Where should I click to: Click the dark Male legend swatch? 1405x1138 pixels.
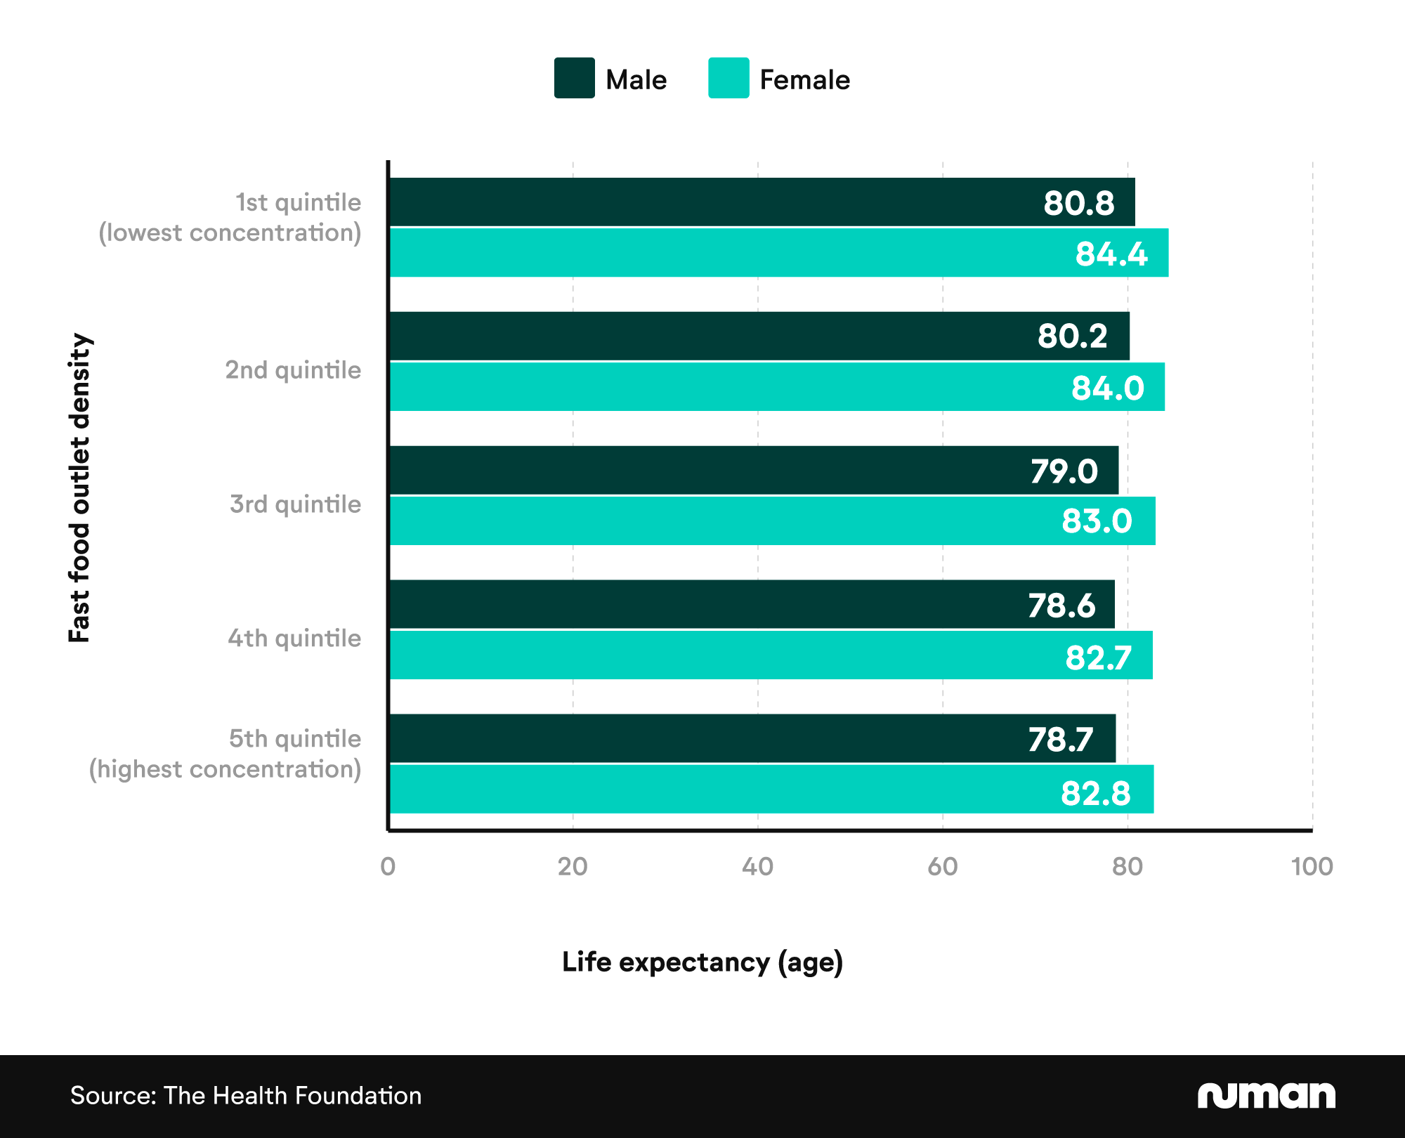(x=574, y=78)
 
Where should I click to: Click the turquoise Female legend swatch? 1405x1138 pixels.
(x=728, y=78)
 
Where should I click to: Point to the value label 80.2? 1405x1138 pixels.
(x=1072, y=336)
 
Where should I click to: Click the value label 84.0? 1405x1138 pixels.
(x=1107, y=388)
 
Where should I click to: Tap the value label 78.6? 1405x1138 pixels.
(x=1061, y=606)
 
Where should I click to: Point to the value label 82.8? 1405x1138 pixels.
(x=1095, y=793)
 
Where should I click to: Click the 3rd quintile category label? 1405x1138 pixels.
(x=295, y=504)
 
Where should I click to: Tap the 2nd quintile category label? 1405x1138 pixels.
(x=293, y=370)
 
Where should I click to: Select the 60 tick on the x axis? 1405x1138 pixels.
(x=942, y=867)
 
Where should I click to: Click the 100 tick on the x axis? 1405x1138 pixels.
(x=1312, y=867)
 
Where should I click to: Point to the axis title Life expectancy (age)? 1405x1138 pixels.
(x=702, y=962)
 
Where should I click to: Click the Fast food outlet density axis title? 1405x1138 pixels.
(x=79, y=488)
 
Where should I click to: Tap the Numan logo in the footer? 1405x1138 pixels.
(x=1266, y=1096)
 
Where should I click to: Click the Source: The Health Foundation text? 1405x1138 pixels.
(x=246, y=1096)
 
